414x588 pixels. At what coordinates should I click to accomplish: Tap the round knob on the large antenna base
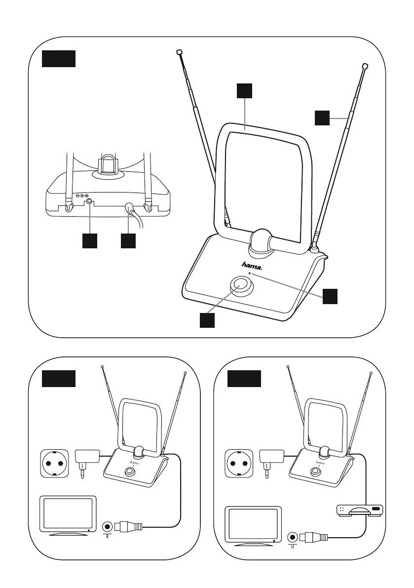tap(241, 285)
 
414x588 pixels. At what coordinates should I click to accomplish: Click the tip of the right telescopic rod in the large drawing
tap(365, 66)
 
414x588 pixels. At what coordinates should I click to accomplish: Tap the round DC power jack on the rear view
tap(89, 201)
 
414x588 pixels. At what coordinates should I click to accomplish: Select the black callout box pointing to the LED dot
tap(330, 296)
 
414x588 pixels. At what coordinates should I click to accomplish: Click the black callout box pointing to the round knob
tap(208, 320)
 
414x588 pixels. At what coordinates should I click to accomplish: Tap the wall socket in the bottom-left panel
tap(55, 464)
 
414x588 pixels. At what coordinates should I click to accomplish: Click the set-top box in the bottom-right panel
tap(360, 510)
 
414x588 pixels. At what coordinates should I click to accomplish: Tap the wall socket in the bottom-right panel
tap(240, 464)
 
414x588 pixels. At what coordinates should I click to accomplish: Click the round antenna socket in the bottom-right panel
tap(293, 536)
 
